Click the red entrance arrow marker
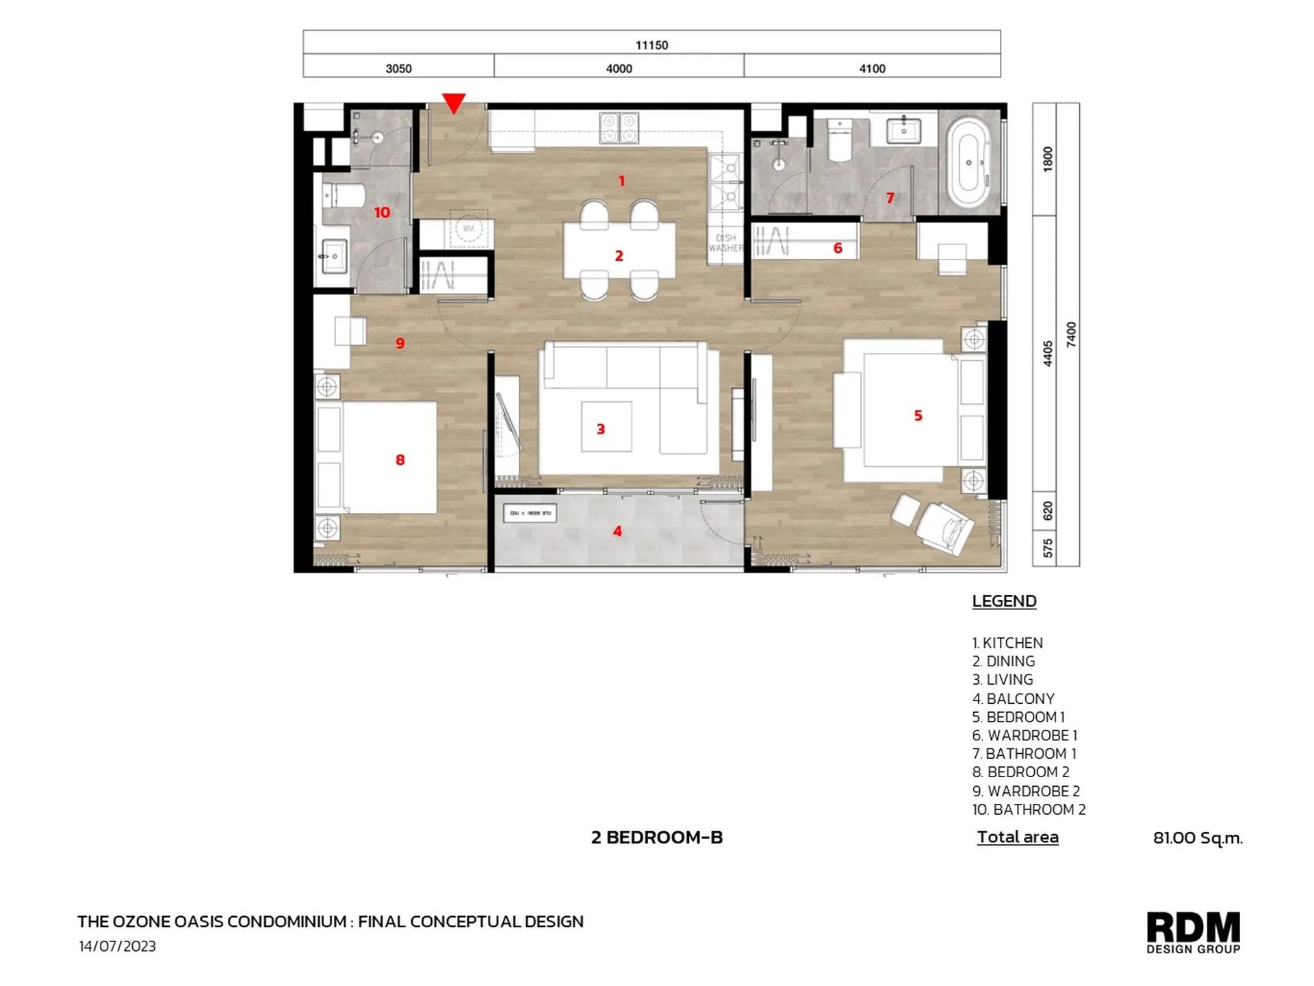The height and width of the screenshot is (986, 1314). click(x=454, y=103)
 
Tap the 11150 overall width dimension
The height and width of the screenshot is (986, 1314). click(x=652, y=45)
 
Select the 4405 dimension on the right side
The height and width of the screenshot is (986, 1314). click(x=1048, y=353)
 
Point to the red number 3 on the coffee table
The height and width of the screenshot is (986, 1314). click(x=601, y=429)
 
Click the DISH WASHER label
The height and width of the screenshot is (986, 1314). click(x=725, y=243)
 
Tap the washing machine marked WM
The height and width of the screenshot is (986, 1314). click(x=469, y=229)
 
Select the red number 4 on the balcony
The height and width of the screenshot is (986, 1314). click(x=617, y=531)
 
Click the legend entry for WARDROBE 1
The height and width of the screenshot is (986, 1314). click(x=1025, y=735)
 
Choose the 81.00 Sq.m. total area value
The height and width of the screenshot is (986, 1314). click(x=1197, y=837)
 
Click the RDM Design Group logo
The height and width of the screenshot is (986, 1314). click(x=1193, y=932)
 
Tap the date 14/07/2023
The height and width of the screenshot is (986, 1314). click(x=117, y=946)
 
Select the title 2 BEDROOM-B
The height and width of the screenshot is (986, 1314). click(x=656, y=837)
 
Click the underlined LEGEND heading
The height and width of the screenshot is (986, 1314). click(x=1004, y=601)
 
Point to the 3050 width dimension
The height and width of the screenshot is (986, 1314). click(x=398, y=68)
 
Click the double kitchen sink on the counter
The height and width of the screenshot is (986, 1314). click(x=619, y=127)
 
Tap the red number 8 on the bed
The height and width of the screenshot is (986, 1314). click(x=400, y=460)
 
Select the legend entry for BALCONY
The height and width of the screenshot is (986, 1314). click(x=1013, y=698)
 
